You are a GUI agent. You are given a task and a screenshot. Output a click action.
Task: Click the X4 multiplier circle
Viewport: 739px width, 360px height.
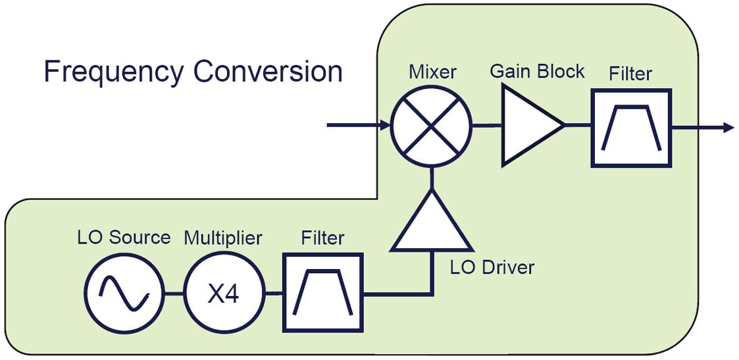coord(223,293)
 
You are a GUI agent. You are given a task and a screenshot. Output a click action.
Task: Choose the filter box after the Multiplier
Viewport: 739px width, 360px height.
coord(322,292)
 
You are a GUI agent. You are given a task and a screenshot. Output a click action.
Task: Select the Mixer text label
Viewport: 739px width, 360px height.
coord(432,71)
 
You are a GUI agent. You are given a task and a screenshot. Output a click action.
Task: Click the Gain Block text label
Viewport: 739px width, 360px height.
coord(537,70)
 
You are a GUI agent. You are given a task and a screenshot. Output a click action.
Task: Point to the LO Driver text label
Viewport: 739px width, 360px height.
coord(492,267)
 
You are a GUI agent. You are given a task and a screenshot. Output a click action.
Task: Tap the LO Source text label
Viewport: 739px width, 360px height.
coord(124,237)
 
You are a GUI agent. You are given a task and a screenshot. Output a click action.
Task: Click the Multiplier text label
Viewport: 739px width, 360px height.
coord(223,237)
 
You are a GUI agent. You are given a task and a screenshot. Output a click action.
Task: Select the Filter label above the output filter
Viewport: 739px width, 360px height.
coord(630,74)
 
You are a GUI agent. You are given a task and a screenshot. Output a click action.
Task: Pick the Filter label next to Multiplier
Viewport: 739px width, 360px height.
coord(322,237)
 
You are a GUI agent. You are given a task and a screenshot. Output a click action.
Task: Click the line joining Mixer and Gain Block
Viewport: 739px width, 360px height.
coord(487,125)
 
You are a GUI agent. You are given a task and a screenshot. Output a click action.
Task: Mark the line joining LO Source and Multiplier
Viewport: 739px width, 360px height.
coord(174,293)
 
